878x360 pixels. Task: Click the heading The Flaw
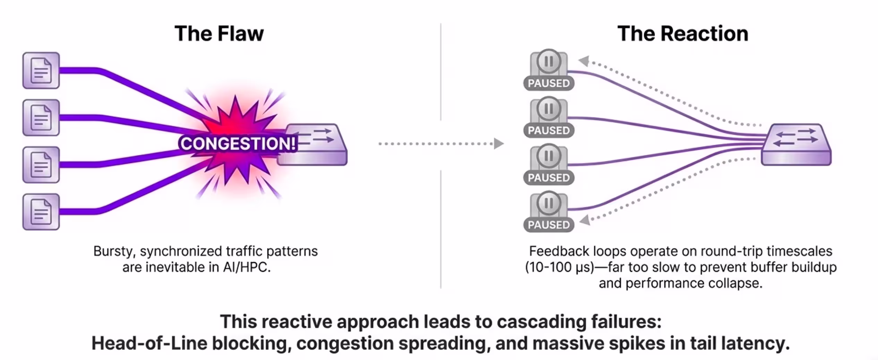pyautogui.click(x=219, y=34)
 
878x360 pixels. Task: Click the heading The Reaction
pyautogui.click(x=682, y=34)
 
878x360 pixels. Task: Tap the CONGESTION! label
pyautogui.click(x=238, y=144)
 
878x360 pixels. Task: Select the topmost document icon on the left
pyautogui.click(x=41, y=70)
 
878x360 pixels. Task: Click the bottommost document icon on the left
pyautogui.click(x=41, y=212)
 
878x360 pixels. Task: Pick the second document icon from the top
pyautogui.click(x=41, y=118)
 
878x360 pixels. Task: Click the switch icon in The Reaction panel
pyautogui.click(x=796, y=144)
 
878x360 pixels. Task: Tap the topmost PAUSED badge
pyautogui.click(x=549, y=83)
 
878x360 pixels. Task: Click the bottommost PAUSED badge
pyautogui.click(x=549, y=225)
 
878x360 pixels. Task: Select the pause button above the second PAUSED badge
pyautogui.click(x=549, y=109)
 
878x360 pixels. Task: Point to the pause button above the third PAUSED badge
pyautogui.click(x=549, y=156)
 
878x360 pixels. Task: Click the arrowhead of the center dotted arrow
pyautogui.click(x=499, y=144)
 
